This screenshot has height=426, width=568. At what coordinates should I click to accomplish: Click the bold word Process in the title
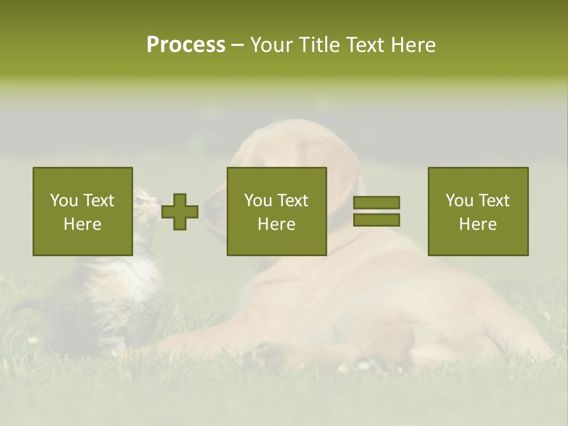(186, 45)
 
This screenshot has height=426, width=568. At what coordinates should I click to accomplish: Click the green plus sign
(180, 212)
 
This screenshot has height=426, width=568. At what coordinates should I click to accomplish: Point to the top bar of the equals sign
(376, 203)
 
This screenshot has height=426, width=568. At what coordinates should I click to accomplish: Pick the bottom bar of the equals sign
(376, 220)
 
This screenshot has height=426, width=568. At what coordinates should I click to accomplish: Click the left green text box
(82, 211)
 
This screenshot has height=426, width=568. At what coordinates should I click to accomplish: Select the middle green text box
(276, 211)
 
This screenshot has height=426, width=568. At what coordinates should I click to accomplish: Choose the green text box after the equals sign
(477, 211)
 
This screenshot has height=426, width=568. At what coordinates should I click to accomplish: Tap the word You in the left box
(64, 201)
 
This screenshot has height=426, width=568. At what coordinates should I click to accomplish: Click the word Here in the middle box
(276, 224)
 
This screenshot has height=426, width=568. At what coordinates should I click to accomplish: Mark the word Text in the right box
(494, 201)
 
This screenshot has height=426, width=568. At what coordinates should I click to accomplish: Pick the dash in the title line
(237, 45)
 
